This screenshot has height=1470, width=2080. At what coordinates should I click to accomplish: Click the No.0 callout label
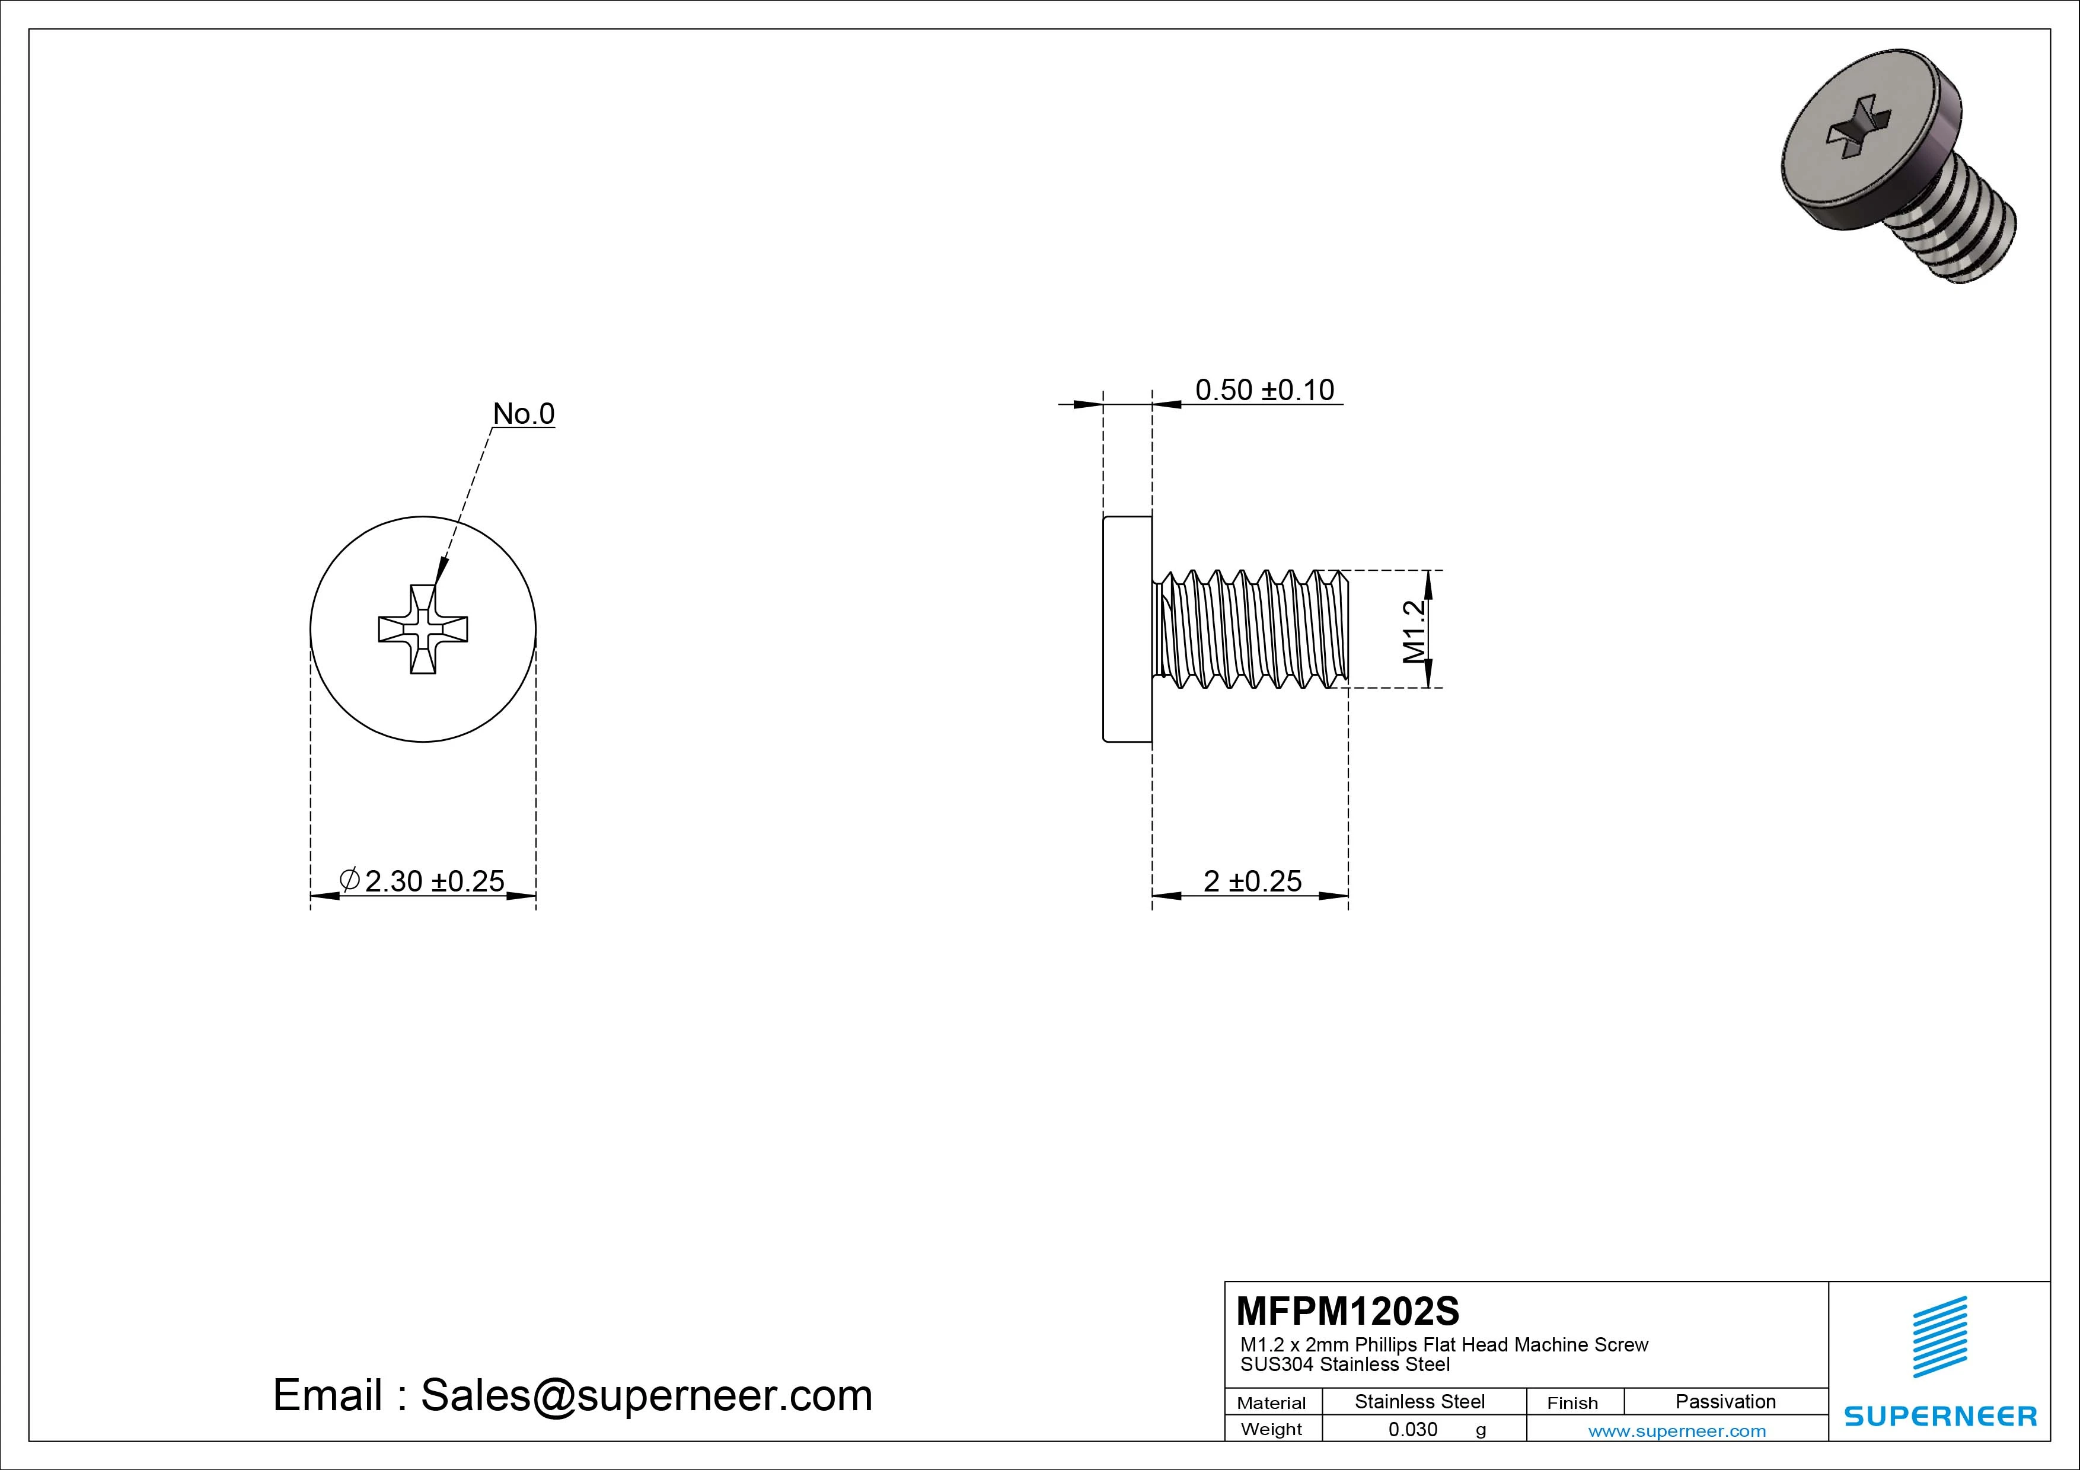coord(523,414)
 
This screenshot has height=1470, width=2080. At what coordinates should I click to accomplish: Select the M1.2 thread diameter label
coord(1414,631)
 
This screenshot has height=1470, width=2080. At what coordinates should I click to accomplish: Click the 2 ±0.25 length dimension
coord(1252,881)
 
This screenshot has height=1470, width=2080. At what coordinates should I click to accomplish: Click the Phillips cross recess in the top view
coord(423,628)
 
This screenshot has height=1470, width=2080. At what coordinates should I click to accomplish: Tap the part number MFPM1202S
coord(1347,1311)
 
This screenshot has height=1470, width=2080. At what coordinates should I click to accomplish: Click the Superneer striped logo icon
coord(1939,1337)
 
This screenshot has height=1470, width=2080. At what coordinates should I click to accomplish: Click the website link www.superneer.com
coord(1676,1431)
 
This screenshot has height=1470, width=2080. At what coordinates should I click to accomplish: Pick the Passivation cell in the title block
coord(1725,1401)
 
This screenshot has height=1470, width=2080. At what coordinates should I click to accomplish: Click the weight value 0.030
coord(1412,1429)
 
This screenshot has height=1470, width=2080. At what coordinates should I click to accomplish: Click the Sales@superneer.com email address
coord(646,1396)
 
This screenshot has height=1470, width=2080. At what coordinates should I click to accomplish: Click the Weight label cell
coord(1271,1429)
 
